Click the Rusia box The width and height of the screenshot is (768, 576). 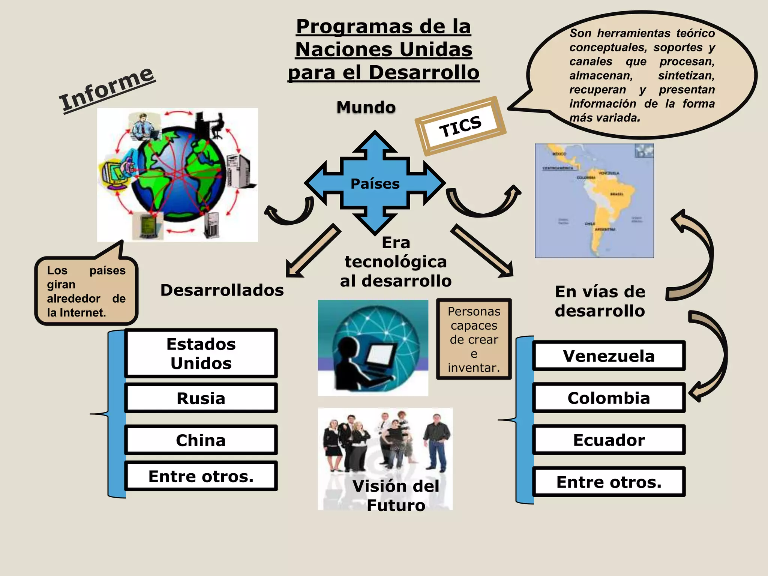201,398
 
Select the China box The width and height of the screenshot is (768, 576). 201,440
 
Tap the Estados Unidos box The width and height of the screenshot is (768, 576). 201,353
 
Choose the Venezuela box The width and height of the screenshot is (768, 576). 609,356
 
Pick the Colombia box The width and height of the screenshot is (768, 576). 609,398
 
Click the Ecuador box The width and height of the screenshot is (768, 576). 609,440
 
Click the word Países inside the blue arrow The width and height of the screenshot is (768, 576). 375,184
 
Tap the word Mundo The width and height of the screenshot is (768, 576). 366,107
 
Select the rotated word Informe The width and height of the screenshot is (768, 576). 107,89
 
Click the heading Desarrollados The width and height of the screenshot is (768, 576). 222,290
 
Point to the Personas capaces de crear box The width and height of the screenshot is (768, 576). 474,339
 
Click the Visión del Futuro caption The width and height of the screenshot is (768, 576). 396,495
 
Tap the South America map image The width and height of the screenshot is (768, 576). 594,201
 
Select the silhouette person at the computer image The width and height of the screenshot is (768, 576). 373,348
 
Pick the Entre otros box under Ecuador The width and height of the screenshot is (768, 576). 609,482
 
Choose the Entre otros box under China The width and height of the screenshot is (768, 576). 201,476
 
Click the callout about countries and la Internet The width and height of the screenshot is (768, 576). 86,291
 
